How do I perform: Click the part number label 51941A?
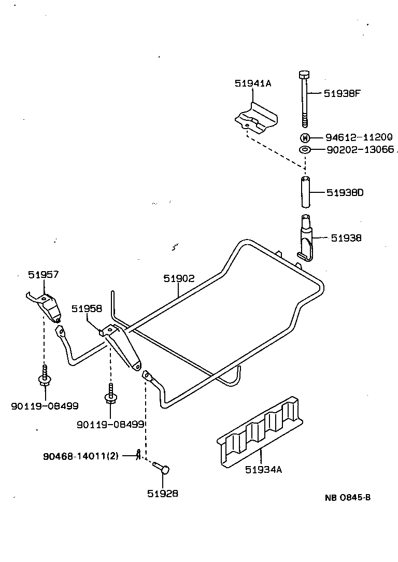(252, 83)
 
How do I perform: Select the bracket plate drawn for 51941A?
(255, 118)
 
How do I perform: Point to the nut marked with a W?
(305, 137)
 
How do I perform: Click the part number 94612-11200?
(359, 137)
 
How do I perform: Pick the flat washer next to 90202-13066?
(305, 150)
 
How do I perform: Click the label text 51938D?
(345, 193)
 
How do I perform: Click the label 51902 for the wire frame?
(179, 278)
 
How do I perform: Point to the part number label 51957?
(44, 275)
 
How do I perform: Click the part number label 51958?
(87, 308)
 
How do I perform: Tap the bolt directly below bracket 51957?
(45, 378)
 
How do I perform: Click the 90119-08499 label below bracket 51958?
(110, 424)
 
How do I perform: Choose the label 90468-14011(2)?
(81, 456)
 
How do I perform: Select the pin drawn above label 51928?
(162, 468)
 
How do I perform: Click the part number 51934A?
(263, 470)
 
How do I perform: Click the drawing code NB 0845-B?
(347, 498)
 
